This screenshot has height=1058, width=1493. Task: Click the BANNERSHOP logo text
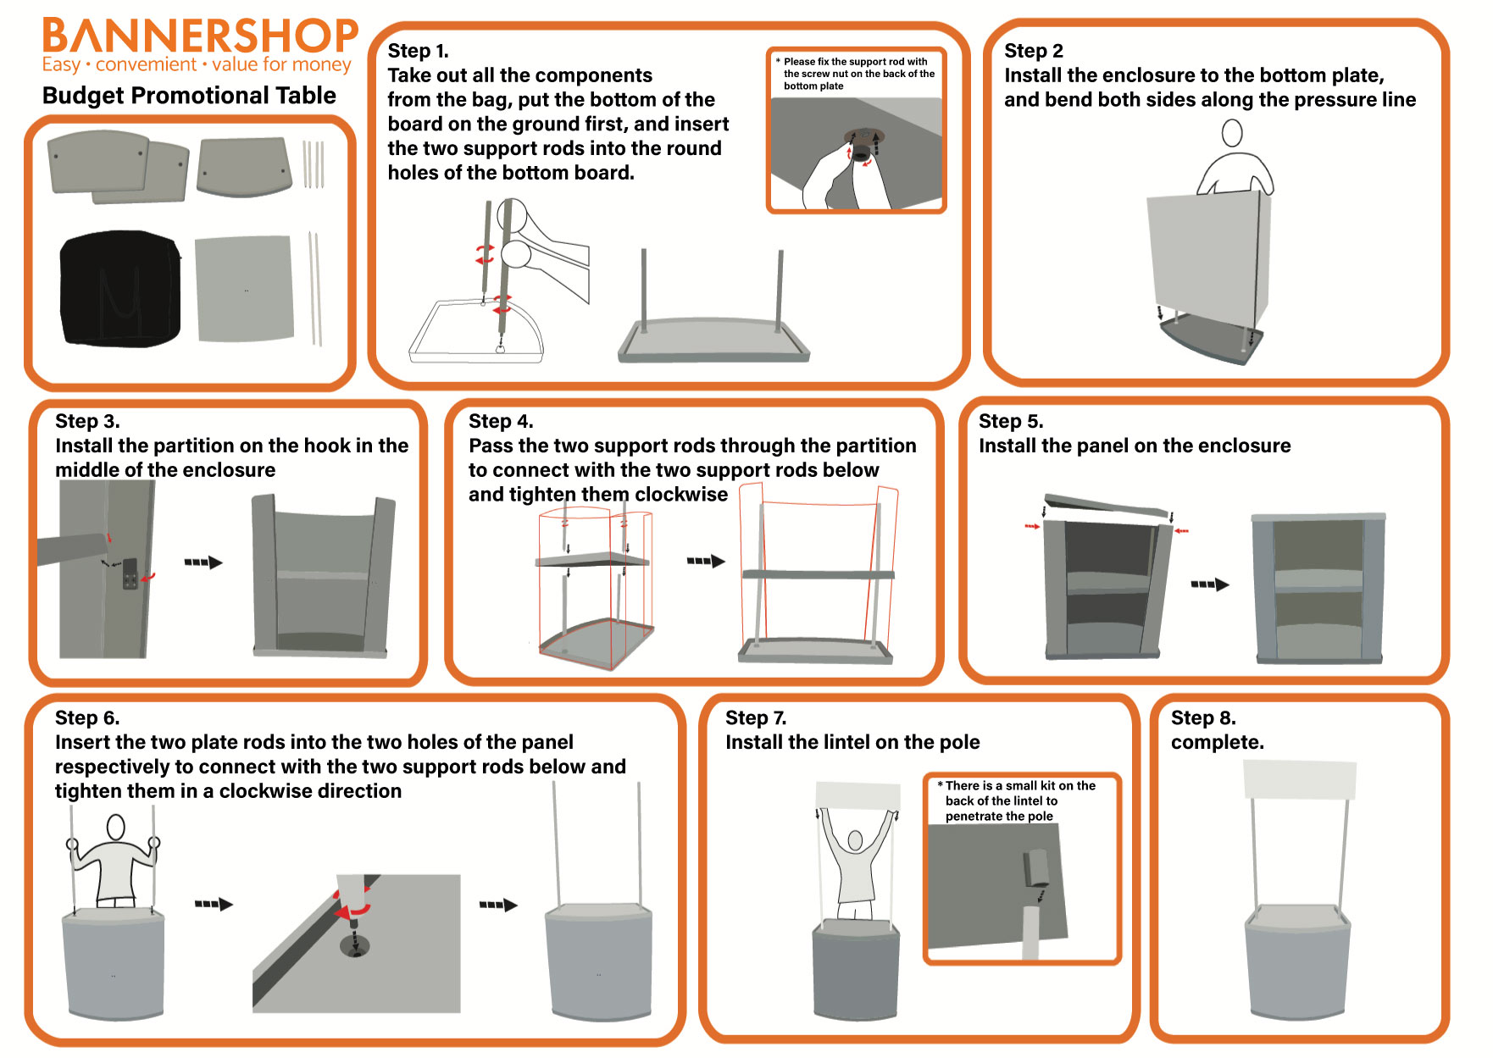pos(200,36)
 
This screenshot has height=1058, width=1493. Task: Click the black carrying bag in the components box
pos(120,288)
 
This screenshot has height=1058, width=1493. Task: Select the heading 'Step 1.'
pos(418,51)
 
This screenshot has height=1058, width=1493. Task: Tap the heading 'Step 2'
pos(1033,51)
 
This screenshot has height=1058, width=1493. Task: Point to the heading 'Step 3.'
pos(87,421)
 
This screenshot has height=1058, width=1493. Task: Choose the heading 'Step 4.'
pos(501,421)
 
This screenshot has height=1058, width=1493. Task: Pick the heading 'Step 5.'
pos(1011,421)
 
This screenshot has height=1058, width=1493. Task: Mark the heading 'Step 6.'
pos(87,717)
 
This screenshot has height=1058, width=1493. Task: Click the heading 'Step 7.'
pos(756,717)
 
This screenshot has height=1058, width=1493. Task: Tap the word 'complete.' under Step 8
pos(1217,742)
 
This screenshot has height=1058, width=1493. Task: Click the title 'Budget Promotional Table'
pos(189,95)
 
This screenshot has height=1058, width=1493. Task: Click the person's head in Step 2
pos(1232,132)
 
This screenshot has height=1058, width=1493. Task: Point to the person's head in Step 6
pos(115,827)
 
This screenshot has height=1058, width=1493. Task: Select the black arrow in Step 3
pos(203,562)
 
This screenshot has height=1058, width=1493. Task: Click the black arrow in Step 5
pos(1209,584)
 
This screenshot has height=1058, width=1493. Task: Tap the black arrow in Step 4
pos(706,561)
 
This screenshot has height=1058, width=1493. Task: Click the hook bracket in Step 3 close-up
pos(130,573)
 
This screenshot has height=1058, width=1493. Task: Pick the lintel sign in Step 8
pos(1300,779)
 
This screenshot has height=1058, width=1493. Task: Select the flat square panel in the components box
pos(245,289)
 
